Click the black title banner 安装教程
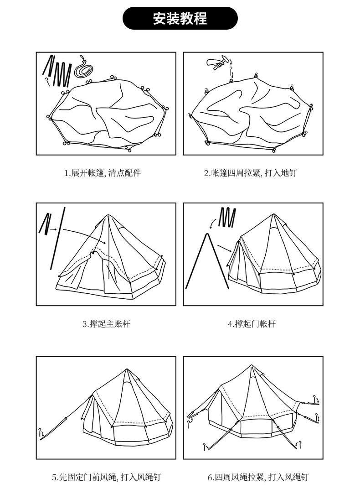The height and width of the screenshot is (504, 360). click(x=180, y=19)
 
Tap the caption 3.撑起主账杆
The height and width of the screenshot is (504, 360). click(x=106, y=324)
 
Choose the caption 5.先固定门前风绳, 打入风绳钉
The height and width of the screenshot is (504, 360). click(x=106, y=478)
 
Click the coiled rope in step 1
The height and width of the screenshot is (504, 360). click(x=85, y=69)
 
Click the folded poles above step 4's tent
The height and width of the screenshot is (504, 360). click(x=227, y=217)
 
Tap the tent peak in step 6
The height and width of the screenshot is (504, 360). click(x=251, y=365)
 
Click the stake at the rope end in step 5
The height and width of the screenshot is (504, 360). click(x=41, y=434)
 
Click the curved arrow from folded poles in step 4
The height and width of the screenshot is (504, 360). click(x=213, y=223)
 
